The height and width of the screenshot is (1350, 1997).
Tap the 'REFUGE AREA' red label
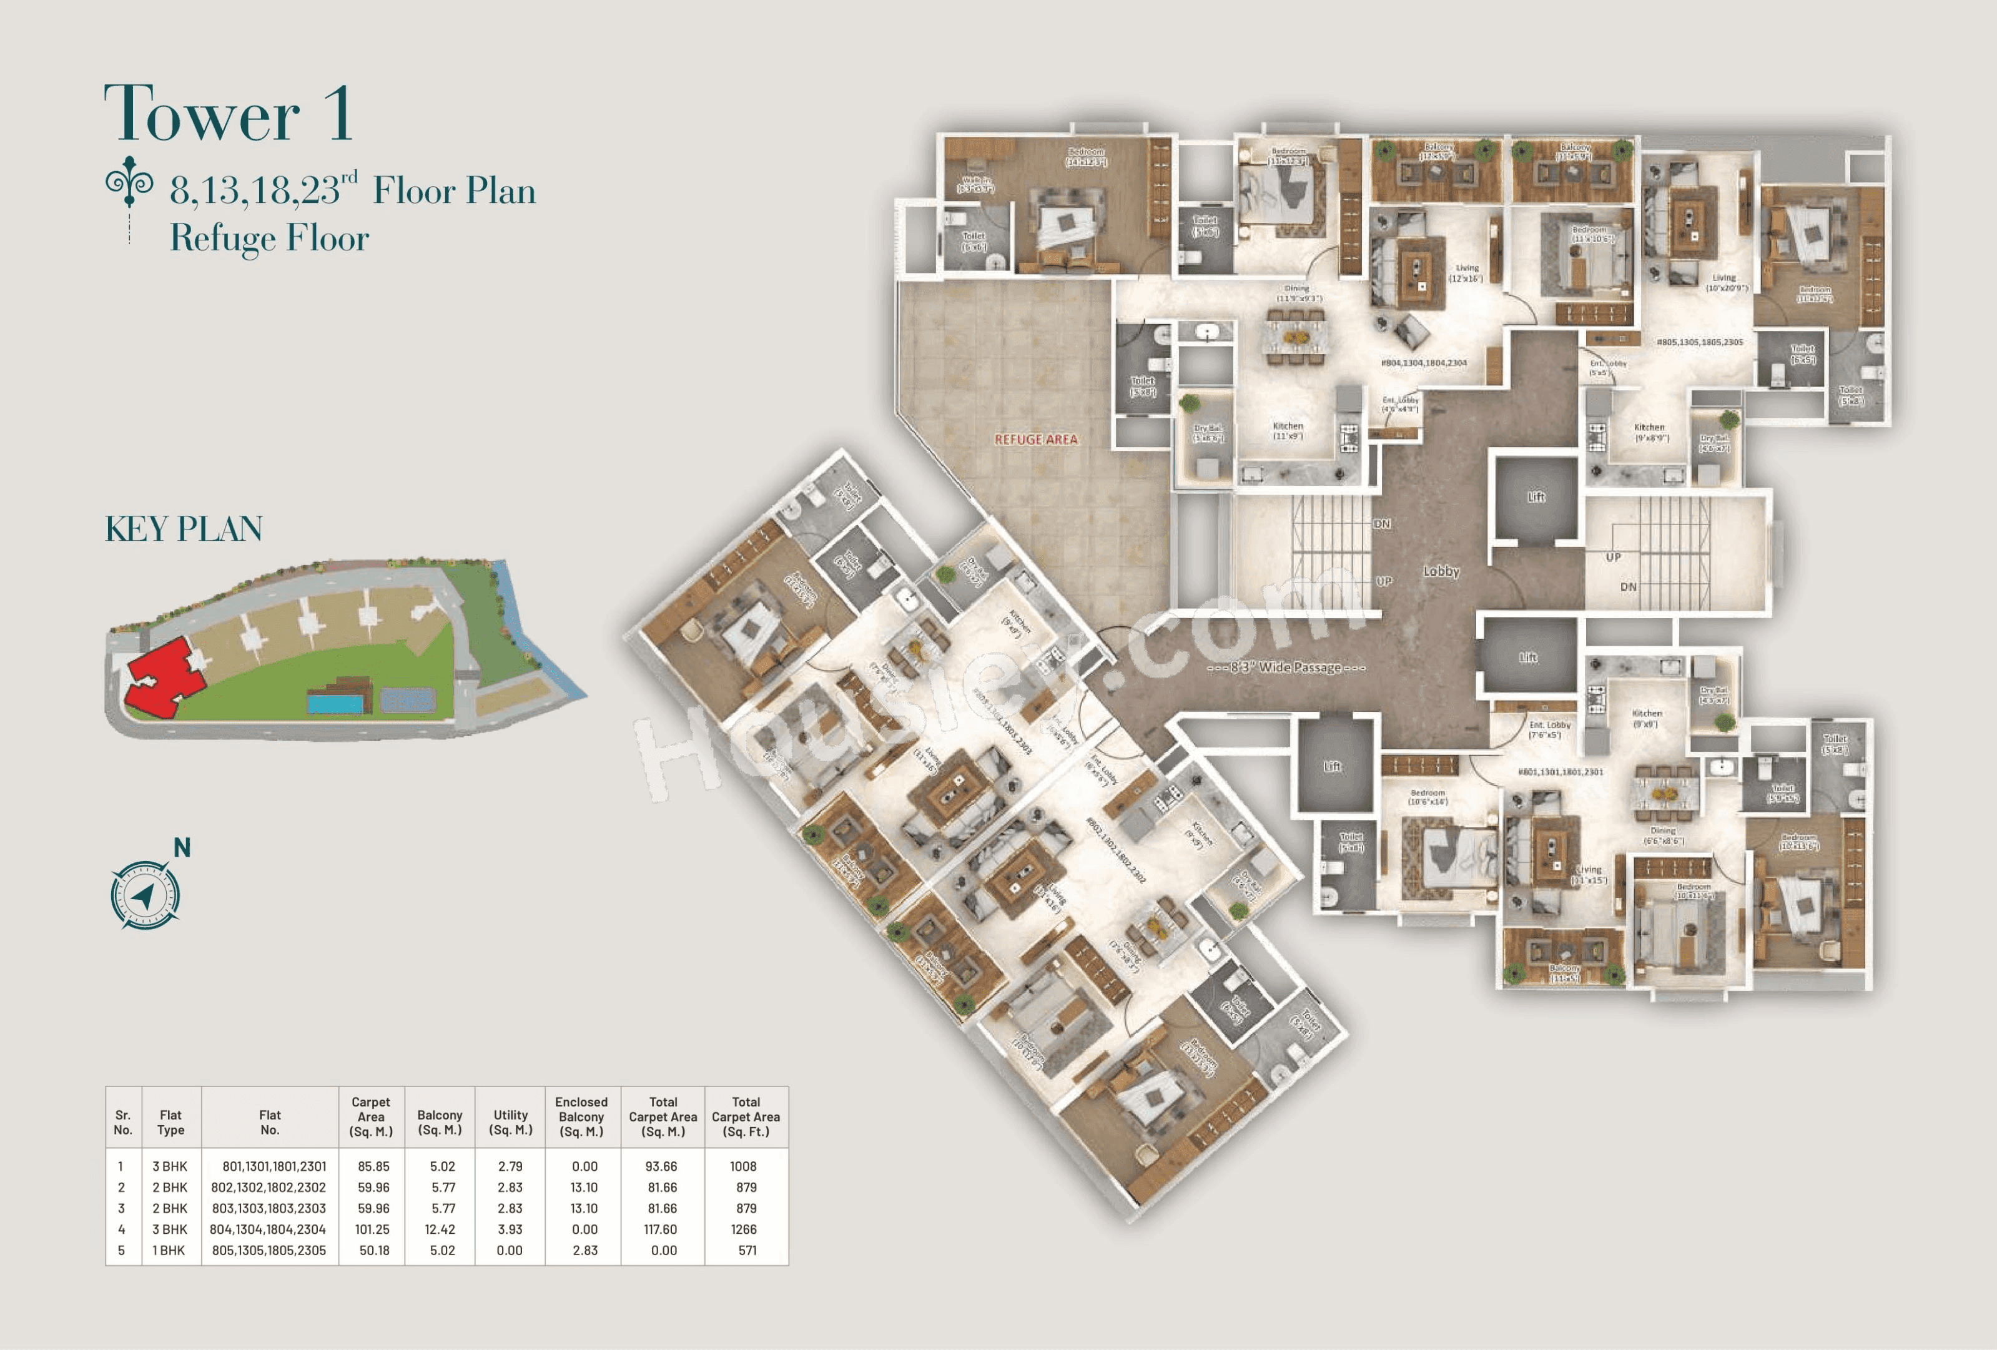1035,439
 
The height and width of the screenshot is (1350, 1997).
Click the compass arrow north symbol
144,895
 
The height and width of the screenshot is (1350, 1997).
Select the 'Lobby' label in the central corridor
1441,571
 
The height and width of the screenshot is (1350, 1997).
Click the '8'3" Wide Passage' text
1286,667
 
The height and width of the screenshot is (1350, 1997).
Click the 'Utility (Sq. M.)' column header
510,1121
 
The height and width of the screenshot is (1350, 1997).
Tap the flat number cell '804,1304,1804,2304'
268,1229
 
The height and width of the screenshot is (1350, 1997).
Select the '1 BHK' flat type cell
169,1250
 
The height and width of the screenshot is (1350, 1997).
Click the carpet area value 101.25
372,1229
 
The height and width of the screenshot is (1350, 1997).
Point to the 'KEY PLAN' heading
183,528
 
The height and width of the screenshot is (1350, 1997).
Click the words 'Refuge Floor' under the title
269,238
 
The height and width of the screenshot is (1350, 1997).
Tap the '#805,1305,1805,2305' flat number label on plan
1700,342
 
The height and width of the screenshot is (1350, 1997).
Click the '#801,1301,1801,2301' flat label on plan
1560,772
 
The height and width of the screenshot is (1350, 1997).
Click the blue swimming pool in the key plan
335,704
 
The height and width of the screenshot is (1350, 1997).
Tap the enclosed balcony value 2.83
584,1250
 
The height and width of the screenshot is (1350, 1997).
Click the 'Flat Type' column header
170,1122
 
